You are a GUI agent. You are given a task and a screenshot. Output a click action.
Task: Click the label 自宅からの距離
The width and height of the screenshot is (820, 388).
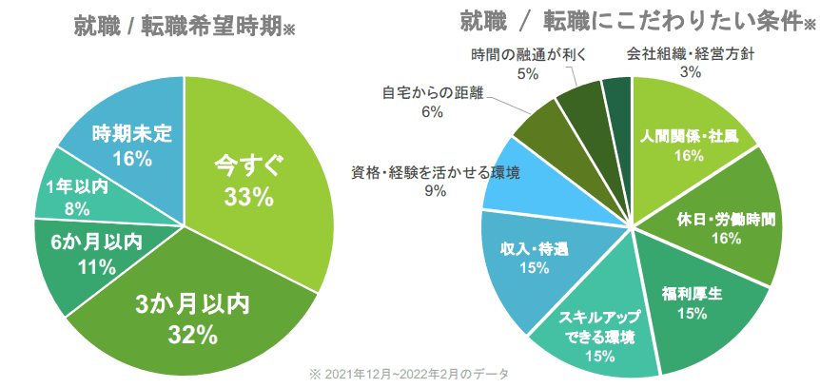coord(433,93)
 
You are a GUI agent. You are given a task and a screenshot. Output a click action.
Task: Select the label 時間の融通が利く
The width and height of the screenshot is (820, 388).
coord(529,53)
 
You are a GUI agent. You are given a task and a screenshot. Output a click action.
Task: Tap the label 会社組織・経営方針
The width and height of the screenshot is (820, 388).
coord(691,53)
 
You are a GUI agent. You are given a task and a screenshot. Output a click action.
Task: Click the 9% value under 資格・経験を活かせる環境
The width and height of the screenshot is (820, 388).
coord(435,191)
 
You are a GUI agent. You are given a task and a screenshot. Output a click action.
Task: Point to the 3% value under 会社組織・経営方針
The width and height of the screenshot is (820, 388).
coord(691,71)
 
